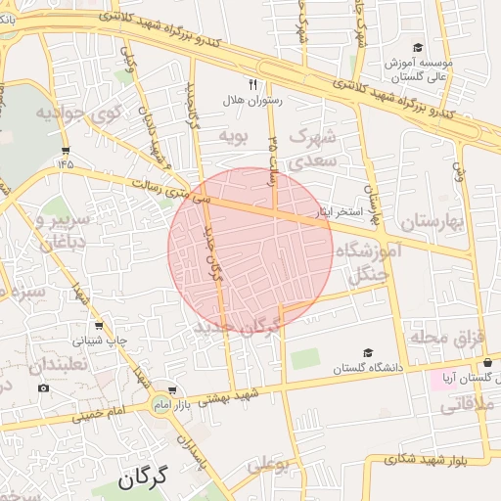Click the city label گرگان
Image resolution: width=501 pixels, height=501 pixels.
(143, 478)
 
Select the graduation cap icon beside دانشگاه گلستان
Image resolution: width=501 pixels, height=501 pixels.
(368, 353)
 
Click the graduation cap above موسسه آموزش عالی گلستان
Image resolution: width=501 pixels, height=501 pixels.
(418, 47)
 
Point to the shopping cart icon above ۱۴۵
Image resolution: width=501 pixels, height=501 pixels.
(66, 150)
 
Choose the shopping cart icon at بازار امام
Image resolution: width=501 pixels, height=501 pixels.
(172, 389)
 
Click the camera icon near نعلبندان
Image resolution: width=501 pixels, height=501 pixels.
(43, 388)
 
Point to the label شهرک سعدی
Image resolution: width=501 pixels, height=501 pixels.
(314, 145)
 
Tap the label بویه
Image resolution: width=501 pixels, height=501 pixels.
(235, 133)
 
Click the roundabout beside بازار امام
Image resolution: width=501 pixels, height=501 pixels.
(159, 403)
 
